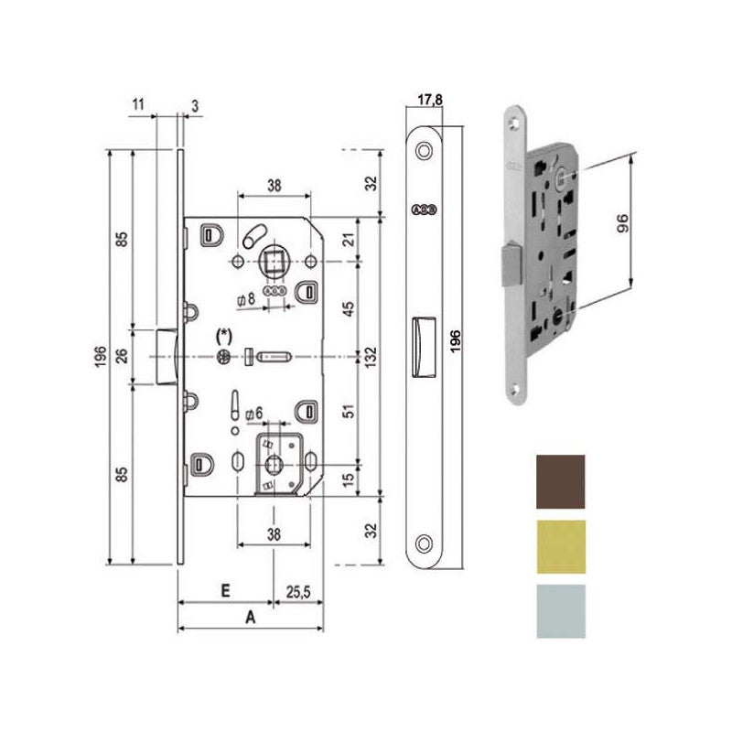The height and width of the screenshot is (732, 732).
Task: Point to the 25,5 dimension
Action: (x=297, y=592)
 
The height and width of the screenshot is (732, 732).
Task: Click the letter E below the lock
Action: (x=223, y=592)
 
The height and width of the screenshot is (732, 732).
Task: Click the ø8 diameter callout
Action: (x=244, y=298)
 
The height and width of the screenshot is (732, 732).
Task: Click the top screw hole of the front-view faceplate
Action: (x=424, y=152)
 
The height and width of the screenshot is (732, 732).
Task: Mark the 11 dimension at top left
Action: (x=138, y=105)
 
